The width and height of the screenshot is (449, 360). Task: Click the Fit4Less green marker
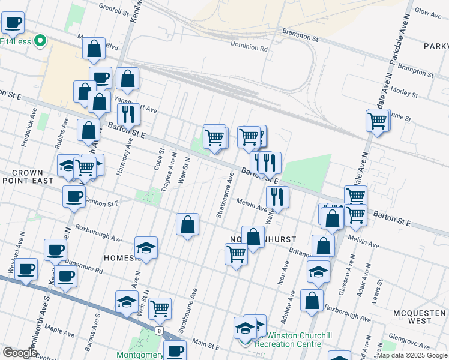40,41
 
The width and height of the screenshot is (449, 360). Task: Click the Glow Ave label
428,11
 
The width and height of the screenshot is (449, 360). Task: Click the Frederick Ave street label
29,128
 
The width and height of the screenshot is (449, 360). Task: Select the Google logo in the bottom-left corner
20,353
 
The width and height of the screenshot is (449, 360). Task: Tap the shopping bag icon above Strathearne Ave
188,225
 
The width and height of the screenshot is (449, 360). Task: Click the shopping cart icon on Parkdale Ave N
377,120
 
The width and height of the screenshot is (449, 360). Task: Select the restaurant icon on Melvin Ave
277,196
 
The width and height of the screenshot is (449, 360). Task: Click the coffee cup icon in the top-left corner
13,23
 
